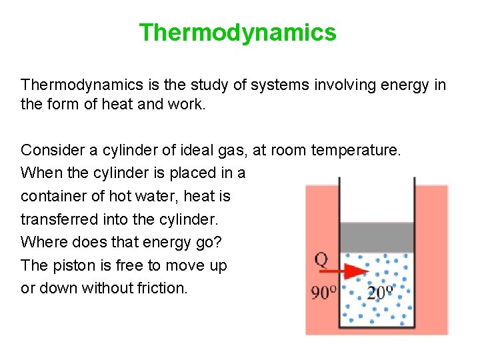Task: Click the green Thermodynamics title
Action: [x=237, y=32]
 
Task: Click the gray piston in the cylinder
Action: [x=377, y=237]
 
